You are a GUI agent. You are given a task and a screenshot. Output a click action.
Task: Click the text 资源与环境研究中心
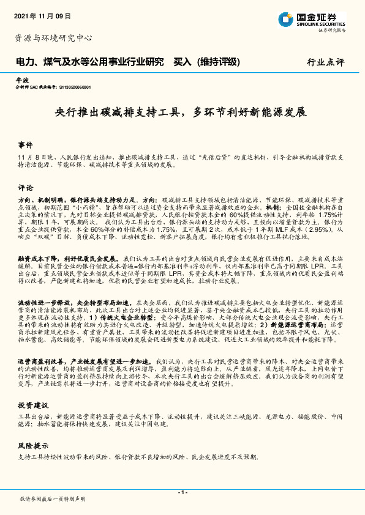coord(53,38)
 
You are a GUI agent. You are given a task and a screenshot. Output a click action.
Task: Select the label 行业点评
coord(326,62)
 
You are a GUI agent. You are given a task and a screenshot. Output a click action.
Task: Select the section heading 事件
coord(25,145)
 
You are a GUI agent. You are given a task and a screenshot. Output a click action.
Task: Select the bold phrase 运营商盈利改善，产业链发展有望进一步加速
coord(86,361)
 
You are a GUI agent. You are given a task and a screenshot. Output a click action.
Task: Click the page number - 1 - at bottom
coord(182,492)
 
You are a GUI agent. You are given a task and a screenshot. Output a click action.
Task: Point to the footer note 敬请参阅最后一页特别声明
coord(53,500)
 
